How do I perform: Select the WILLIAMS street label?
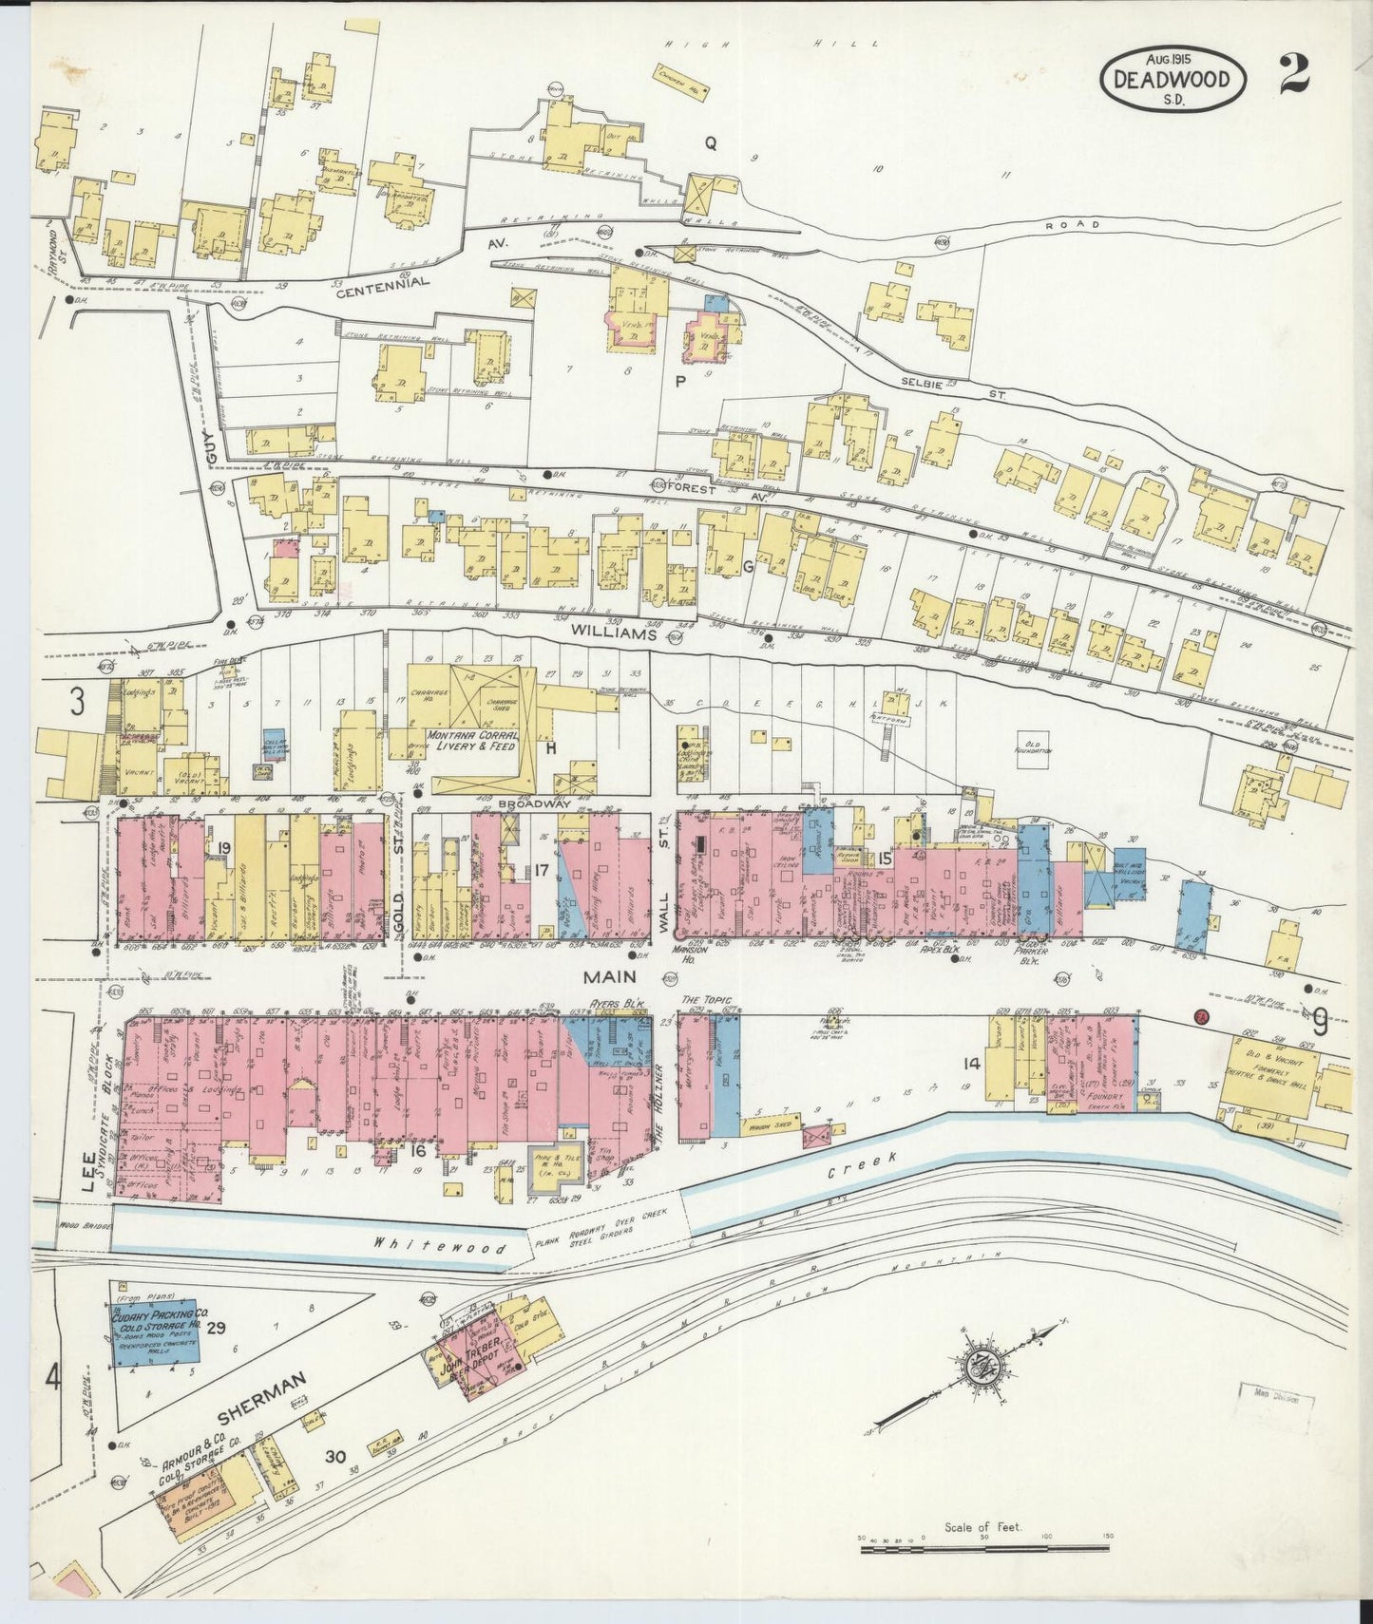[x=615, y=633]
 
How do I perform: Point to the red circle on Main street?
[x=1201, y=1016]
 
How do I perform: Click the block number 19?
[x=224, y=848]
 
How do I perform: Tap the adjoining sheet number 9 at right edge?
[x=1320, y=1022]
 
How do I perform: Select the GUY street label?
[x=211, y=454]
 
